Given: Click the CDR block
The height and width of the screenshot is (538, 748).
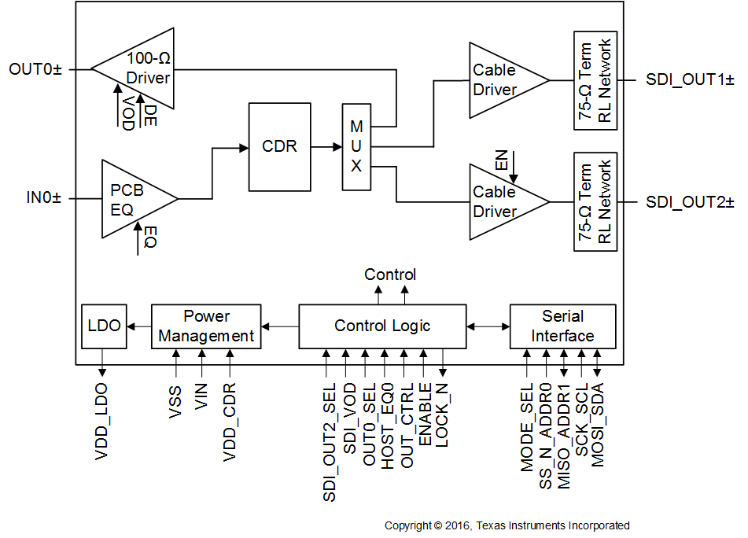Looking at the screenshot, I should [x=279, y=146].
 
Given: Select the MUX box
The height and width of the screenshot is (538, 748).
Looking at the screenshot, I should [x=356, y=146].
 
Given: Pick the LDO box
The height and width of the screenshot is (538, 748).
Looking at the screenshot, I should [x=104, y=326].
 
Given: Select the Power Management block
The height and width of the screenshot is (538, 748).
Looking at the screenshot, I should [x=205, y=326].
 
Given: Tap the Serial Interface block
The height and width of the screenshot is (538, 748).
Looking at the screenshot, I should [x=562, y=326].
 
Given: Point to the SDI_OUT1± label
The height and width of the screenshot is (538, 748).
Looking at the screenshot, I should [x=690, y=80].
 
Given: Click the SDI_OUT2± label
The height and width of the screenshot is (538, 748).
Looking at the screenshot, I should [x=690, y=201].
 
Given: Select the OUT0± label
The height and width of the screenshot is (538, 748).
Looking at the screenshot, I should [x=35, y=69].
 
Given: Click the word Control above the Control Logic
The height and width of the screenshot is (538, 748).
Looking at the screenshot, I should [x=390, y=275].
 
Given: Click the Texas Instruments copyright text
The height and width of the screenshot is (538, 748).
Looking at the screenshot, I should [x=507, y=525].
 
